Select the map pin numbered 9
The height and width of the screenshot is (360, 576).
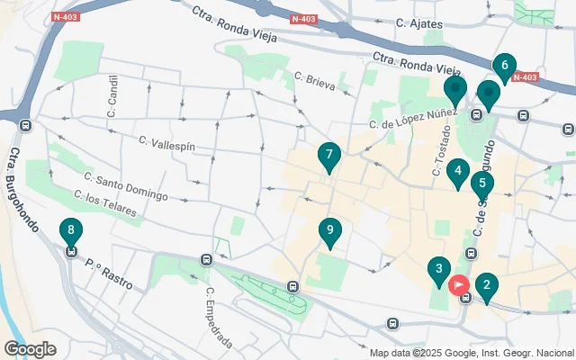tap(330, 234)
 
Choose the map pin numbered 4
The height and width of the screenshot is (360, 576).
tap(458, 172)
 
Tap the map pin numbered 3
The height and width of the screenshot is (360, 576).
tap(438, 270)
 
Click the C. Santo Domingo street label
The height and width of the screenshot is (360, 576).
tap(126, 186)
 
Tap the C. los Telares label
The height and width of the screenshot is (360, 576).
tap(106, 204)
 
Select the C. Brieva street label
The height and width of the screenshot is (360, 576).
tap(314, 84)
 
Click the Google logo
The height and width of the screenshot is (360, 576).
tap(30, 349)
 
